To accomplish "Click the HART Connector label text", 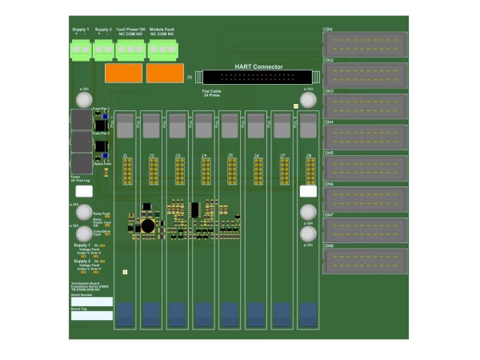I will pos(259,66).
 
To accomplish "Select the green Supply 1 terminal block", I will pos(81,50).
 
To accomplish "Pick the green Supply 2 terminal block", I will pos(103,50).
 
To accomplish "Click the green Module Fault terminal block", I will pos(162,50).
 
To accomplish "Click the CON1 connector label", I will pos(327,29).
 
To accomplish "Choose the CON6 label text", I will pos(327,184).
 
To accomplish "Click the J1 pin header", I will pos(126,170).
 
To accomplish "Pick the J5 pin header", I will pos(230,170).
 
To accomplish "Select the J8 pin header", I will pos(309,170).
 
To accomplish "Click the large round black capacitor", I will pos(148,226).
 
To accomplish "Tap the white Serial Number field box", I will pos(91,301).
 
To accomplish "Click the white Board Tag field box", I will pos(91,315).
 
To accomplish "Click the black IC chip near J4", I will pos(194,209).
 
